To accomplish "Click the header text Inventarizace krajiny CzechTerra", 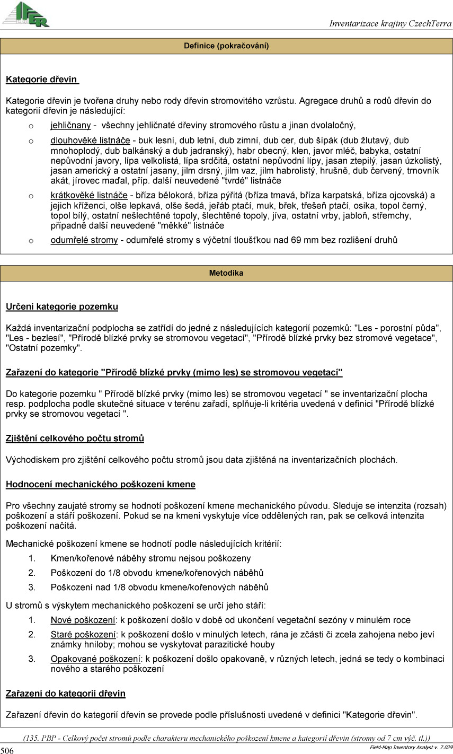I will pos(390,23).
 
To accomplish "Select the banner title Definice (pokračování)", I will pos(226,46).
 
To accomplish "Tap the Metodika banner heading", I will pos(226,273).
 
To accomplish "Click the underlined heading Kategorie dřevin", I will pos(42,80).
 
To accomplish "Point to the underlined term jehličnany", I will pos(70,126).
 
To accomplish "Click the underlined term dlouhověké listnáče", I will pos(90,141).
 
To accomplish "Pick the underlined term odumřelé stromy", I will pos(84,240).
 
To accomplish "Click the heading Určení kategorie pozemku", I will pos(61,306).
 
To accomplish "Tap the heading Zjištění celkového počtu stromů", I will pos(75,438).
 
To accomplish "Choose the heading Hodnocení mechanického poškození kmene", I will pos(100,484).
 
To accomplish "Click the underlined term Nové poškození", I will pos(83,620).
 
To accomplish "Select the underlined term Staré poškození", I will pos(83,634).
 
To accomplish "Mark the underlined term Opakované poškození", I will pos(95,659).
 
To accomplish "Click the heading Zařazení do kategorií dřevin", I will pos(65,693).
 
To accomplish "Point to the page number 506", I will pos(7,750).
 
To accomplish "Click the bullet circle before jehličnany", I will pos(31,126).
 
